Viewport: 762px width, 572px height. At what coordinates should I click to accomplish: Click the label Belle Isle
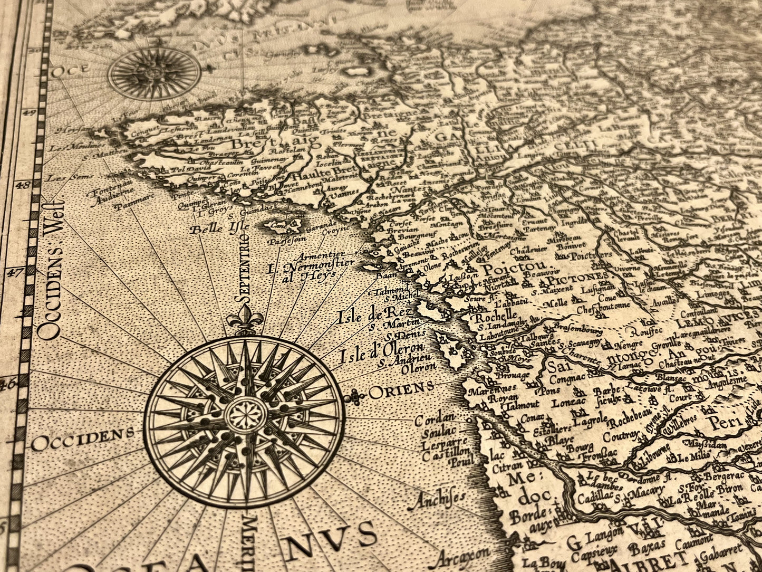click(x=213, y=229)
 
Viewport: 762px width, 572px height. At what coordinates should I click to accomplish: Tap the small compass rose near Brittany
click(x=155, y=73)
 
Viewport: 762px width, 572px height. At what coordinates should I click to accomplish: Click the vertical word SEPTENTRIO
click(x=244, y=269)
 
